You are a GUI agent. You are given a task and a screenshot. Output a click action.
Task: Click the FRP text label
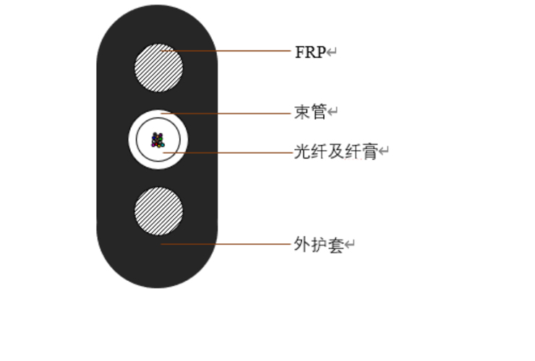click(310, 52)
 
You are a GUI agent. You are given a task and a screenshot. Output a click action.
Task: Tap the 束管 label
click(310, 112)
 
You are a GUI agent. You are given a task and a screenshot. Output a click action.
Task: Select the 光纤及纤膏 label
click(336, 152)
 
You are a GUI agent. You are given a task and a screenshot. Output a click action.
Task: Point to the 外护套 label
click(319, 245)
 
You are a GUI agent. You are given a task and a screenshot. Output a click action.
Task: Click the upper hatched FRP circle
click(158, 67)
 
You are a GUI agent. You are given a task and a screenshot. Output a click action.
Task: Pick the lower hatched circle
click(158, 211)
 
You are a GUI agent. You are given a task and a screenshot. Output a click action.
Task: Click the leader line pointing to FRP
click(226, 51)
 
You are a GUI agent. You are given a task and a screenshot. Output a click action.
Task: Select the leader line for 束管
click(226, 113)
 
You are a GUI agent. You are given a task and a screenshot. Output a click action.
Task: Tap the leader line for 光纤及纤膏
click(228, 153)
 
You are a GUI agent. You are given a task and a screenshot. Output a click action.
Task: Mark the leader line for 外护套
click(226, 244)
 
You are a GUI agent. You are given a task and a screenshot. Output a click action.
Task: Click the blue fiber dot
click(154, 138)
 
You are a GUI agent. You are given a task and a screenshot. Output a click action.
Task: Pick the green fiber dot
click(160, 139)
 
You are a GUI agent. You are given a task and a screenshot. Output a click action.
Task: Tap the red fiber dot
click(156, 144)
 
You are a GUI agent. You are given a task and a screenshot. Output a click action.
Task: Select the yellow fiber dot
click(159, 146)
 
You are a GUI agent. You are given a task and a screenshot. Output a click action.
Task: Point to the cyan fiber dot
click(163, 145)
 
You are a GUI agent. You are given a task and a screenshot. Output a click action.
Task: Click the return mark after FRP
click(331, 53)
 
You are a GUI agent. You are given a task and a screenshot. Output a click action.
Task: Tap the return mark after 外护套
click(350, 245)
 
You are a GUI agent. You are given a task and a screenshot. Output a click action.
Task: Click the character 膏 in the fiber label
click(370, 152)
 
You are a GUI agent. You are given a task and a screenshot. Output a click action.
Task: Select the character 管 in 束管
click(319, 112)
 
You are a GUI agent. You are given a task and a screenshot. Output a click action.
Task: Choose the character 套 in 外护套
click(336, 245)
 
